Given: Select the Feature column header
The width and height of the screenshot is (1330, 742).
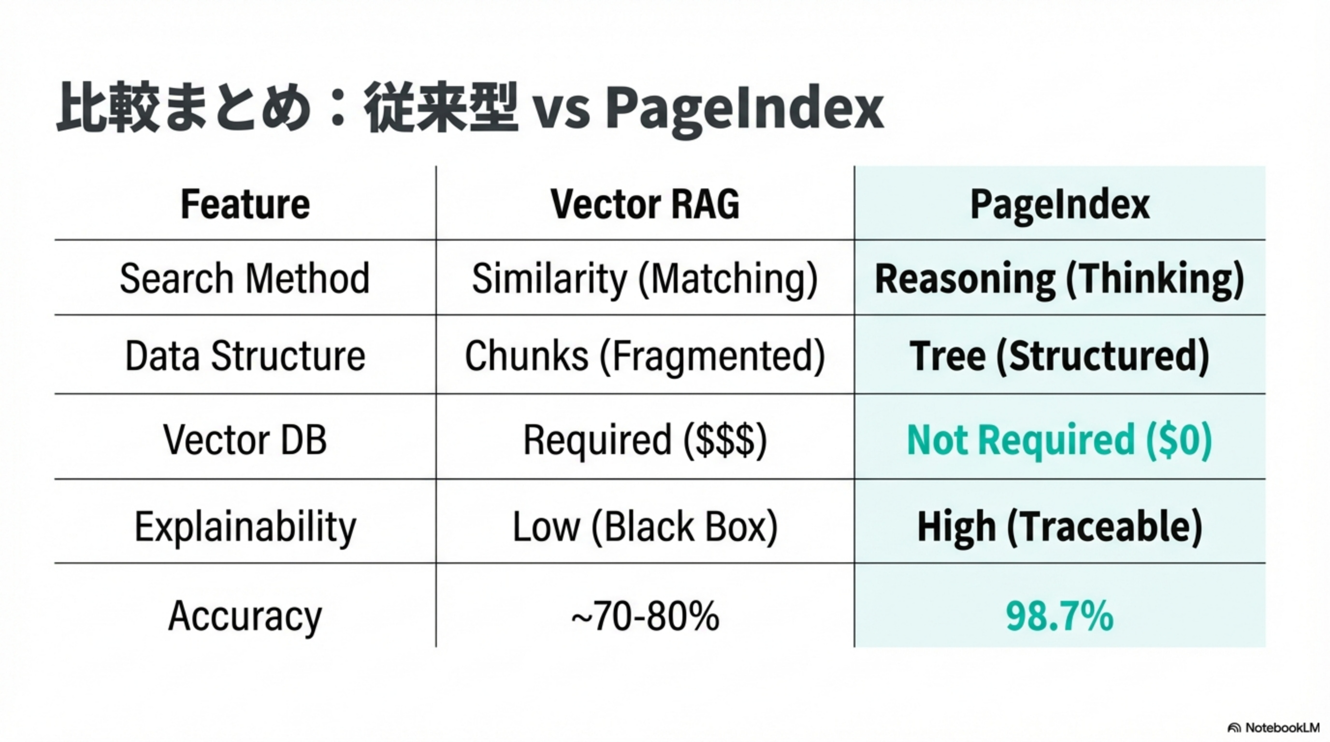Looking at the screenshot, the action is pos(245,204).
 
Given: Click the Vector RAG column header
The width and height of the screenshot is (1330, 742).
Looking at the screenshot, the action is pos(645,204).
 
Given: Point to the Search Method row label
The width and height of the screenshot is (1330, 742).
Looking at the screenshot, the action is pos(245,279).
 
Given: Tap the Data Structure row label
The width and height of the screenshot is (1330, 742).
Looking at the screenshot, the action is pos(245,356).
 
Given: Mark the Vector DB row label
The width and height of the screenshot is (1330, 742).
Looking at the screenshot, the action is pos(245,440).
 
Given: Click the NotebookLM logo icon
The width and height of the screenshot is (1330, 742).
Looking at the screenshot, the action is pos(1234,728).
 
